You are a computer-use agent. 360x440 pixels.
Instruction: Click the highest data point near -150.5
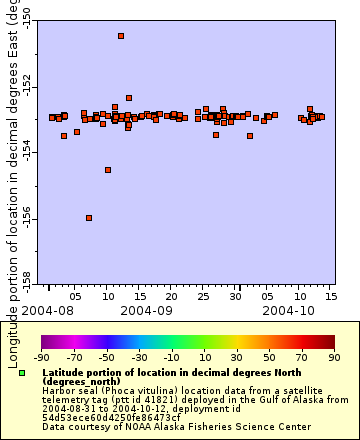(x=121, y=36)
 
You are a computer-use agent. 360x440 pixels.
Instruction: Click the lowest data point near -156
(x=89, y=218)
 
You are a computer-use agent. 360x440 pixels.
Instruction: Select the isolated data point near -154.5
(x=108, y=170)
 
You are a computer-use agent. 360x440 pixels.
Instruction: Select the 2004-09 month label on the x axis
(x=147, y=311)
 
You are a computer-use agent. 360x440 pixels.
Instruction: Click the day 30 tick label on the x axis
(x=237, y=296)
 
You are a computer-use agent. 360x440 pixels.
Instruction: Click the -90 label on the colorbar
(x=42, y=356)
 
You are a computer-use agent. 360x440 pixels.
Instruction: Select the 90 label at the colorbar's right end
(x=333, y=356)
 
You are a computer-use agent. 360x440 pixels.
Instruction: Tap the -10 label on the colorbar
(x=171, y=356)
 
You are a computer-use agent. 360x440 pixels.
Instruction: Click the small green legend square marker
(x=21, y=373)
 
